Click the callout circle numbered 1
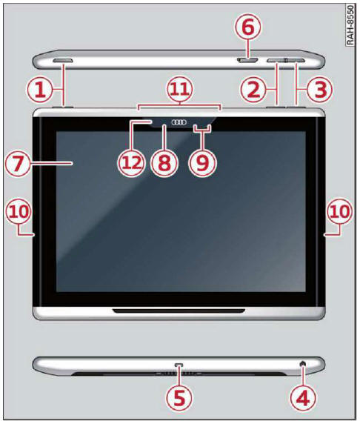[40, 90]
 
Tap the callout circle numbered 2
[253, 90]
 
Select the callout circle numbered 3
[319, 90]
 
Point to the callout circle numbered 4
[303, 399]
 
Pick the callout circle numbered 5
[179, 399]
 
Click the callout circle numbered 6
[248, 27]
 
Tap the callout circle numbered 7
[19, 163]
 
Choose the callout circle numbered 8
[164, 163]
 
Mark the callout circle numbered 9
[203, 163]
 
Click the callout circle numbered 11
[180, 90]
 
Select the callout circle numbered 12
[131, 163]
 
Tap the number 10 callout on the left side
[19, 211]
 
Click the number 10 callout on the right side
[339, 211]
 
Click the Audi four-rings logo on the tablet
[179, 122]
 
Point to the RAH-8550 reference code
[350, 26]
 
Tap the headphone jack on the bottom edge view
[303, 364]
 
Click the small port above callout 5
[179, 365]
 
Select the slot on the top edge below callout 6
[247, 61]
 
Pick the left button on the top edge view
[63, 61]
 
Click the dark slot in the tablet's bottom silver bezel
[179, 311]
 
